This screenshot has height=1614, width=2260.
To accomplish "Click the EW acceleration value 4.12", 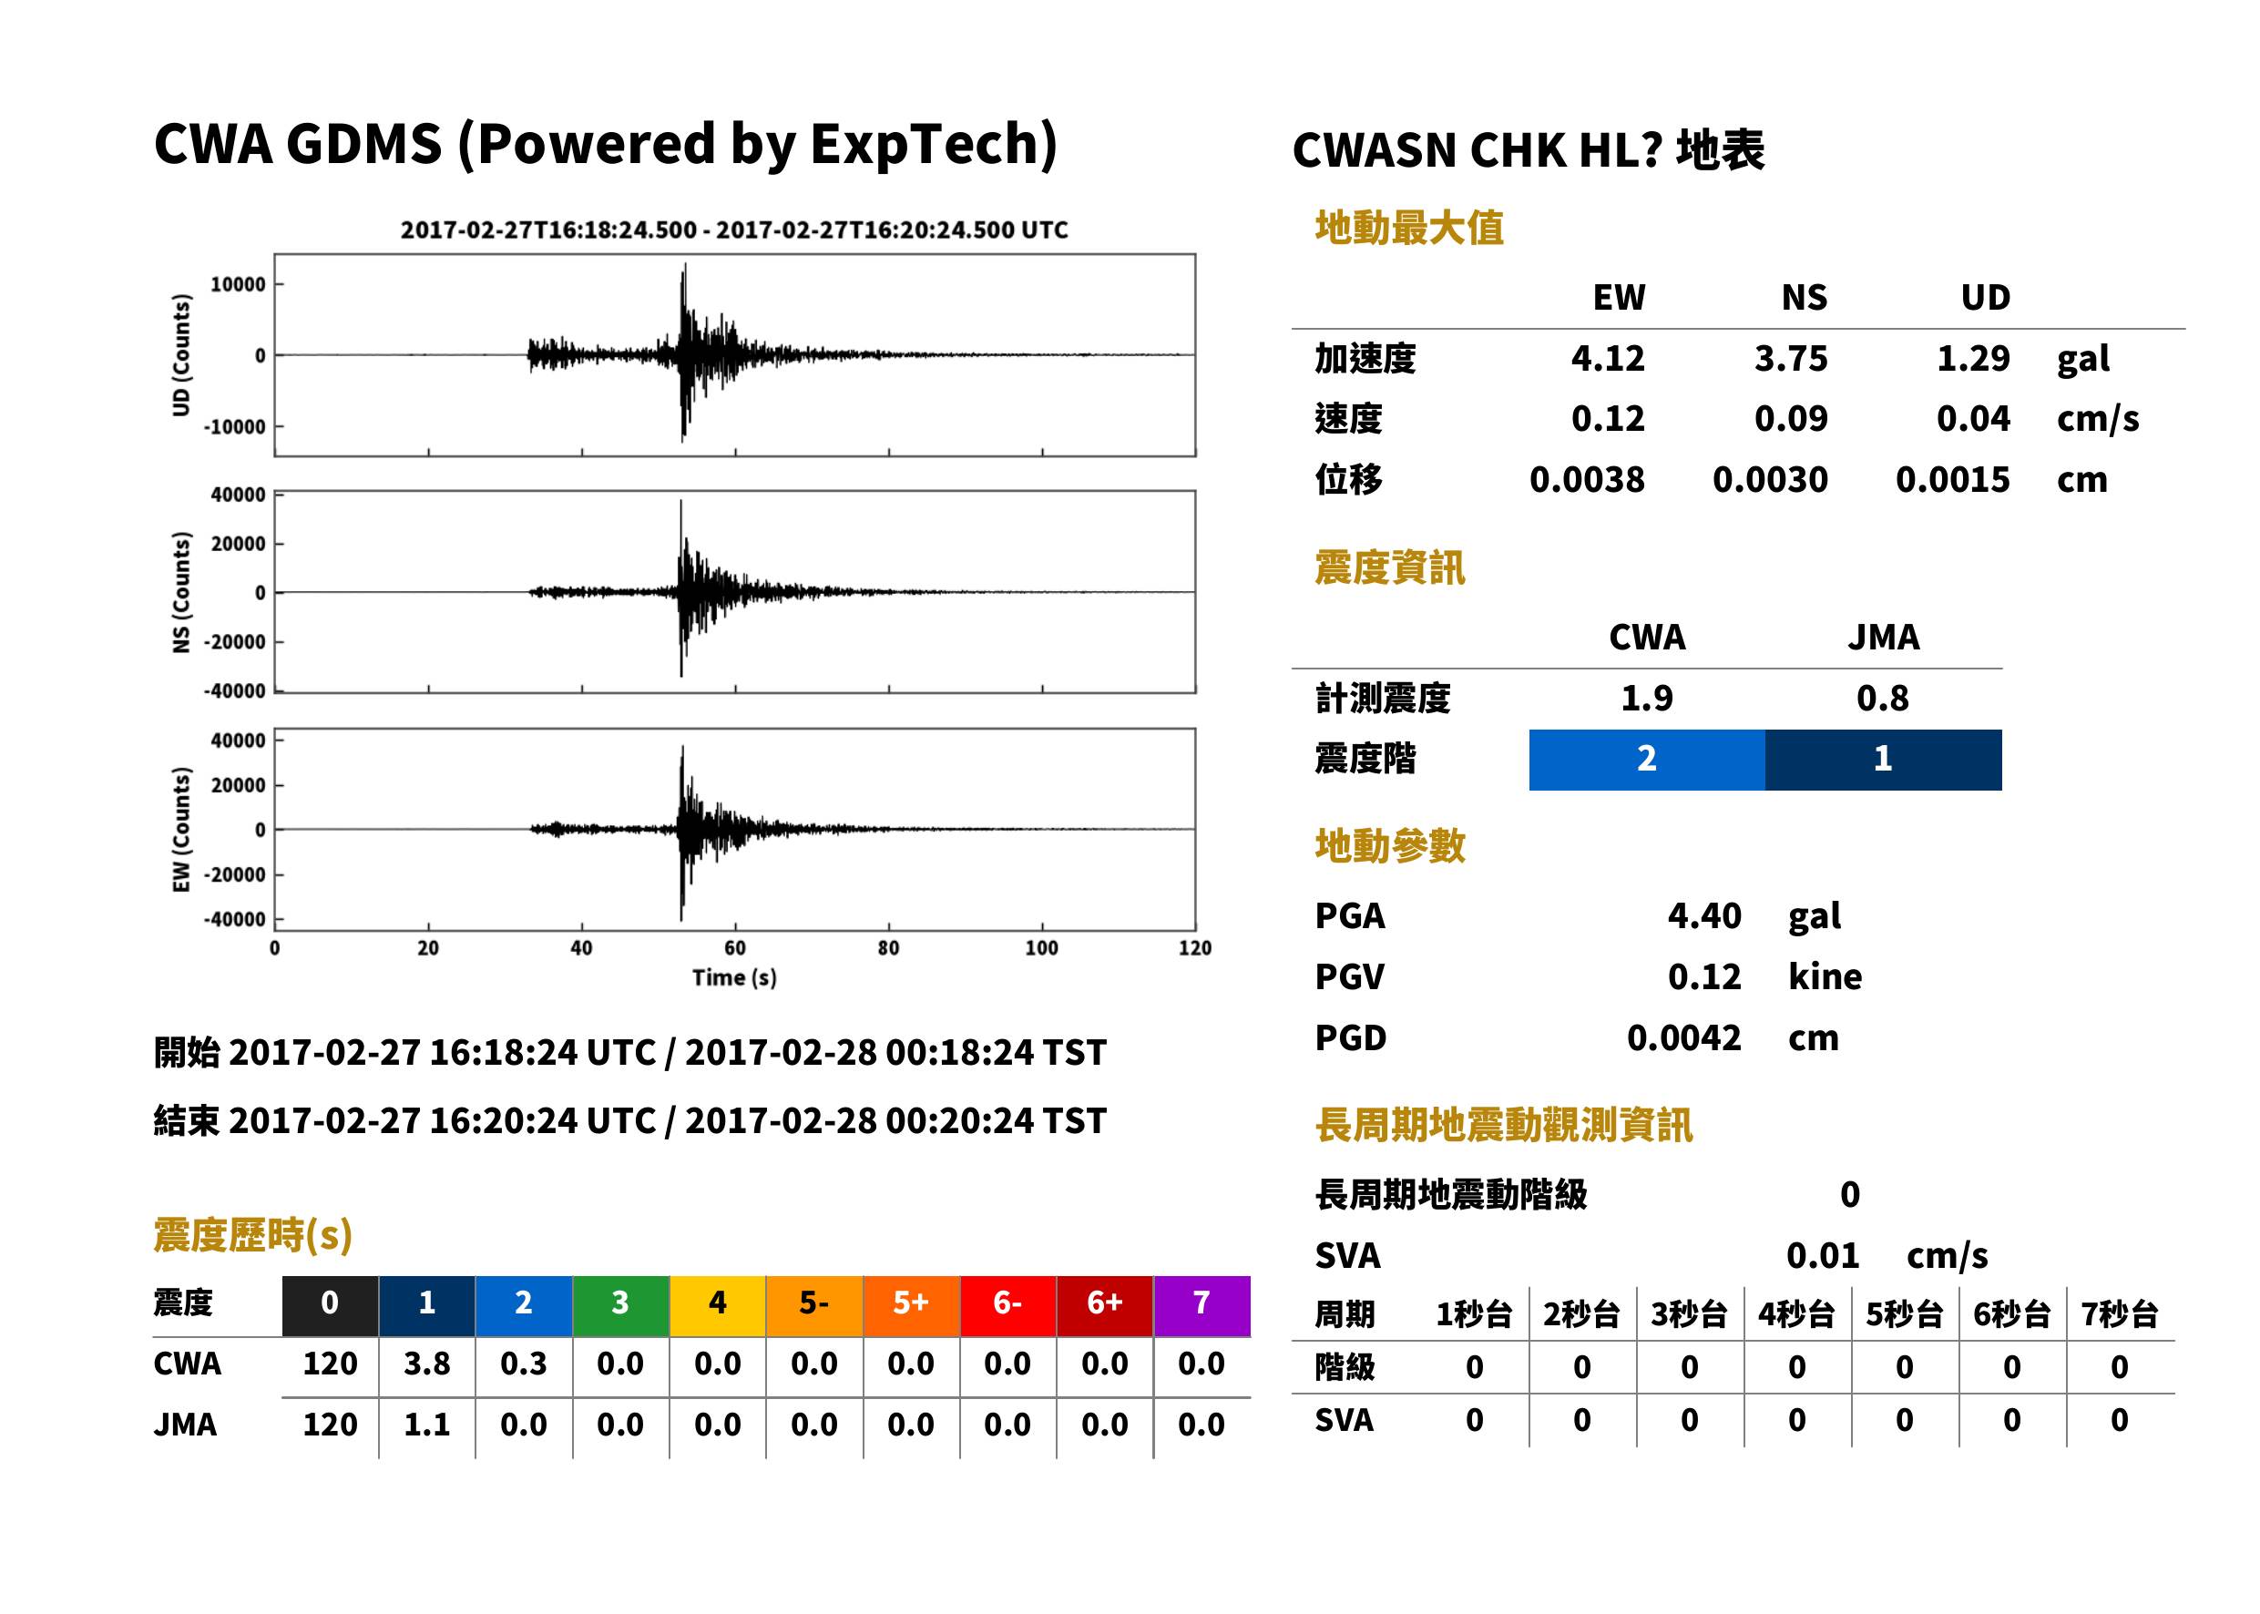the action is click(1607, 358).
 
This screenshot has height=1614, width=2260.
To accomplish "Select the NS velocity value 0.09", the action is click(1790, 418).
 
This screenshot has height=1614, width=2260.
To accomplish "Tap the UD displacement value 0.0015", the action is click(1952, 480).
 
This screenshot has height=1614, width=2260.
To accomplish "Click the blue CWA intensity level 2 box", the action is click(1647, 760).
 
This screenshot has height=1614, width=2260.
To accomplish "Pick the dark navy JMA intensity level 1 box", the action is click(1884, 760).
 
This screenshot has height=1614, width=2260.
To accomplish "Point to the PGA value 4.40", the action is click(1704, 915).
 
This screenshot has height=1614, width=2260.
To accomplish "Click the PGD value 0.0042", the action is click(1683, 1037).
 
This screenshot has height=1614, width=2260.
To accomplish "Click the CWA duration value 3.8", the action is click(426, 1364).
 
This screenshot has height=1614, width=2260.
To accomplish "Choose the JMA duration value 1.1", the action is click(426, 1425).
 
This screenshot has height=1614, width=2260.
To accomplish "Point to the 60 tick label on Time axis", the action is click(734, 948).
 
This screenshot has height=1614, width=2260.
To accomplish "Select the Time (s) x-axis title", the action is click(734, 978).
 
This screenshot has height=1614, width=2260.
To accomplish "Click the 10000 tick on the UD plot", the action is click(239, 284).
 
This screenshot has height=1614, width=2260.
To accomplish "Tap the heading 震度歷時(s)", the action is click(253, 1235).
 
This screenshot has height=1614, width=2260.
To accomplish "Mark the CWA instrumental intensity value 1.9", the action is click(1647, 698).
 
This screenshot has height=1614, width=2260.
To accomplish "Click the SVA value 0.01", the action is click(1823, 1255).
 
